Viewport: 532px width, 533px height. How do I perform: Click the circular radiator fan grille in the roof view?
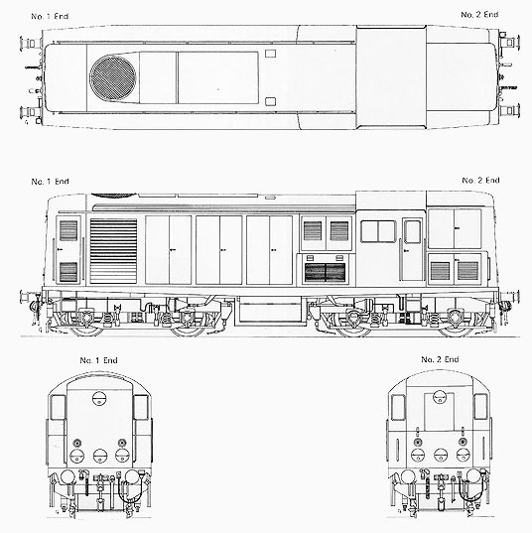[x=112, y=78]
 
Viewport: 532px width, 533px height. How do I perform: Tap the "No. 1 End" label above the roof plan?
[x=50, y=16]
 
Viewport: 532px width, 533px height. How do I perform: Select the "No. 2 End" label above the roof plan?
[x=479, y=15]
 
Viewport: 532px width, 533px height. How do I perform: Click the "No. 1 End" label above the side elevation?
[x=50, y=182]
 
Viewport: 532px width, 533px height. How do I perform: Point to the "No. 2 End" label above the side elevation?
[x=480, y=181]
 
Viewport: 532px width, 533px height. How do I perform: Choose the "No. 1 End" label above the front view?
[x=98, y=360]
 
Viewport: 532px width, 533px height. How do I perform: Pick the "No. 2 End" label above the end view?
[x=440, y=359]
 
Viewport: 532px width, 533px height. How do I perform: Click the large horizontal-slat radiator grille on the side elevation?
[x=113, y=251]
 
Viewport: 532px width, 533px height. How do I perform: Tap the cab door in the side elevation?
[x=412, y=250]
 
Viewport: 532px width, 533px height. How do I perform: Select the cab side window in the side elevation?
[x=378, y=231]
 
